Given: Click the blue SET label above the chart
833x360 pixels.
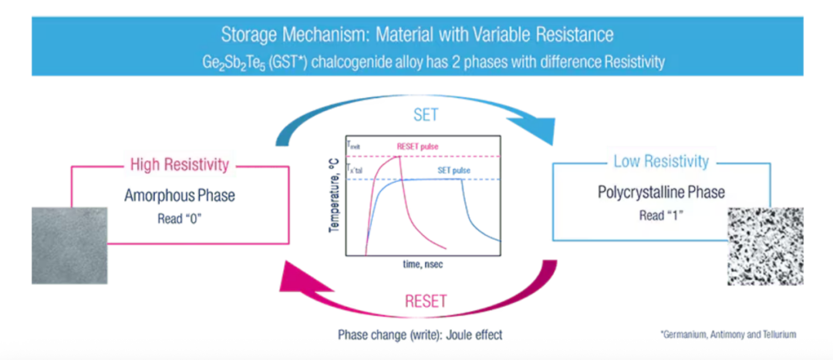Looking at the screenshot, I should click(425, 116).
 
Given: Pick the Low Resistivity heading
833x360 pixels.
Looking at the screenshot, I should click(662, 162).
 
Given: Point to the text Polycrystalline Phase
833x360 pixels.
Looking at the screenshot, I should click(662, 193).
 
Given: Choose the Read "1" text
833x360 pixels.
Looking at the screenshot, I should click(662, 215).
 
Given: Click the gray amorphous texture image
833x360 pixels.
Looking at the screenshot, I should click(69, 246).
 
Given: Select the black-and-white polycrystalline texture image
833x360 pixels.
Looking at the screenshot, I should click(765, 246).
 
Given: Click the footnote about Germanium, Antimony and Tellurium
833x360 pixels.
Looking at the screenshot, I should click(728, 335).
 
